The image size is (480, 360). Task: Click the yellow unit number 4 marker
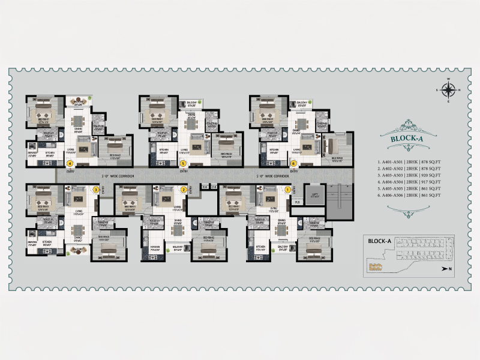click(x=70, y=163)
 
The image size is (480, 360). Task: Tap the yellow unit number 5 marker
click(x=182, y=163)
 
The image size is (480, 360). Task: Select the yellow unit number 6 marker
click(x=293, y=163)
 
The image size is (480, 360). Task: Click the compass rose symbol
click(x=448, y=91)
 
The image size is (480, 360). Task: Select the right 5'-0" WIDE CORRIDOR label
click(x=274, y=176)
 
